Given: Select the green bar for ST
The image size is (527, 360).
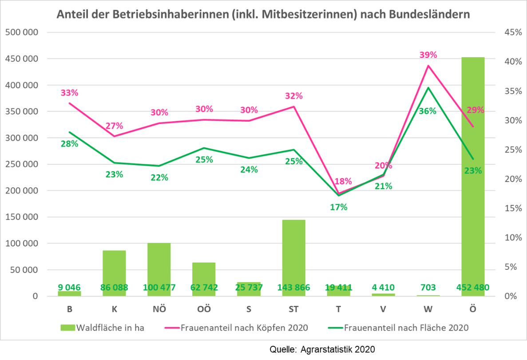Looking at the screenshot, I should pyautogui.click(x=293, y=253).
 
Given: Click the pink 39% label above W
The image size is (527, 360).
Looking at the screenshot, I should pyautogui.click(x=428, y=55).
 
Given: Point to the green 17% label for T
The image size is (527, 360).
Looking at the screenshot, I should pyautogui.click(x=338, y=207).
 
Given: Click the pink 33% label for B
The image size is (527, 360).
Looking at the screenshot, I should pyautogui.click(x=69, y=93).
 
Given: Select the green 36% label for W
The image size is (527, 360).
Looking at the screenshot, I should pyautogui.click(x=428, y=111).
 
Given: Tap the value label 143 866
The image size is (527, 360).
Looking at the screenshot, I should pyautogui.click(x=293, y=288).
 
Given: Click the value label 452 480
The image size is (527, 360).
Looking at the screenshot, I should pyautogui.click(x=473, y=288).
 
